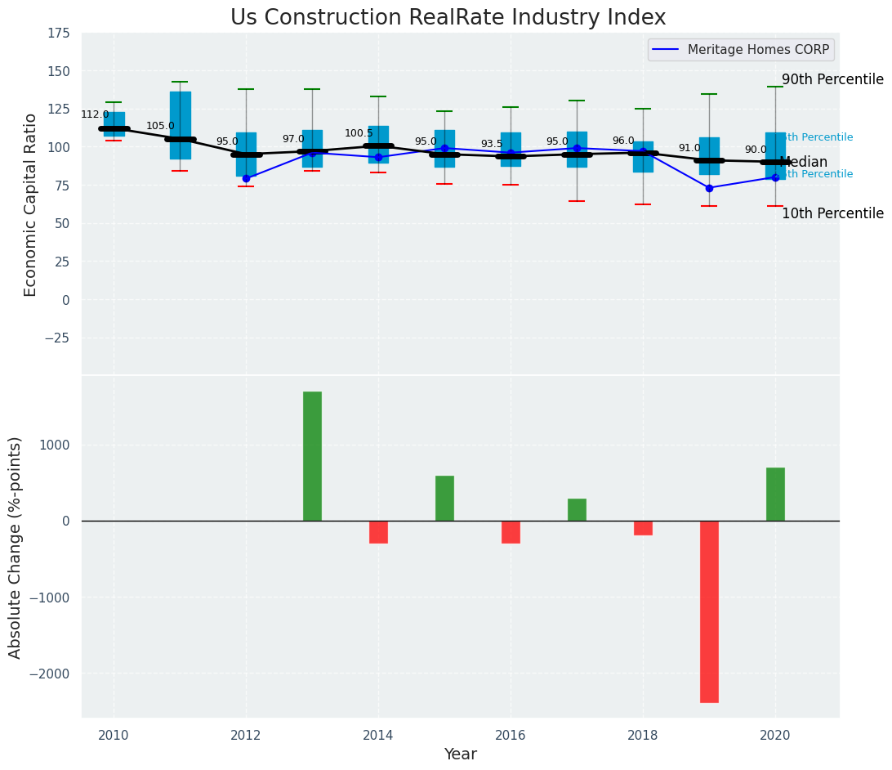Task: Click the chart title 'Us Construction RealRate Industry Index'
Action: tap(448, 17)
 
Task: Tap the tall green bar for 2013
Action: tap(312, 456)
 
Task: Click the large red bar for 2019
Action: tap(709, 611)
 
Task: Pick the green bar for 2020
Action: tap(775, 494)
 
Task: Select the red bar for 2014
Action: tap(378, 532)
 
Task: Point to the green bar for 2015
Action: tap(444, 498)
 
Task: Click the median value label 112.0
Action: tap(95, 114)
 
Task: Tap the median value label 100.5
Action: tap(359, 133)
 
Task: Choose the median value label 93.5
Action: tap(492, 144)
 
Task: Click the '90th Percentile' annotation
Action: tap(832, 79)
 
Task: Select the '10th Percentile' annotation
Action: tap(832, 213)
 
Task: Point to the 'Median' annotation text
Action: tap(805, 162)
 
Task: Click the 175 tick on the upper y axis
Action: tap(57, 34)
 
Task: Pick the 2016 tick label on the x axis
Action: tap(511, 736)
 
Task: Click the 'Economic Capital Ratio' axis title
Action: tap(31, 204)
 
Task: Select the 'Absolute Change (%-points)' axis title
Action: tap(16, 547)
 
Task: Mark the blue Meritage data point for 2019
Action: tap(709, 188)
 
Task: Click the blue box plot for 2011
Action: tap(181, 125)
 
